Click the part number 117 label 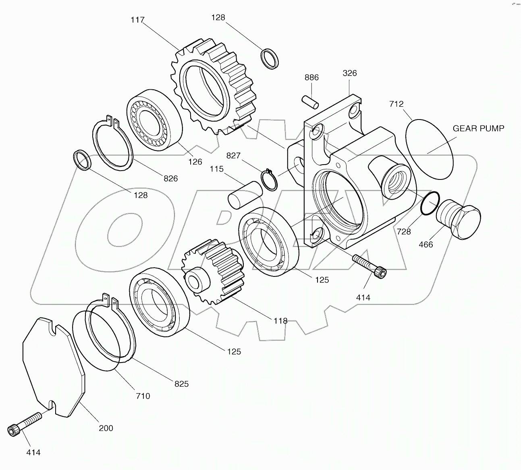click(x=138, y=20)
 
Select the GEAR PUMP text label click(x=478, y=128)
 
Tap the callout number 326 click(x=350, y=73)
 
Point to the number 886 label click(x=311, y=78)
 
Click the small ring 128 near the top click(x=270, y=58)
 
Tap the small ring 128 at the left click(x=83, y=160)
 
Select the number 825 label click(x=181, y=384)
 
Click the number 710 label click(x=143, y=396)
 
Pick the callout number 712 click(x=396, y=104)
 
